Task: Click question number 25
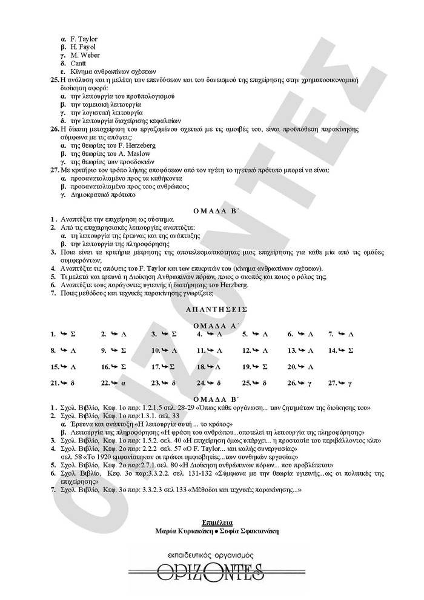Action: pyautogui.click(x=55, y=80)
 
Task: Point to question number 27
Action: pyautogui.click(x=55, y=171)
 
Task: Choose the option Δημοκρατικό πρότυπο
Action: pyautogui.click(x=102, y=196)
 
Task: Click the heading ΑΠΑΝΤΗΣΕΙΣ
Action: pyautogui.click(x=212, y=309)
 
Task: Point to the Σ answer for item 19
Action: pyautogui.click(x=264, y=367)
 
